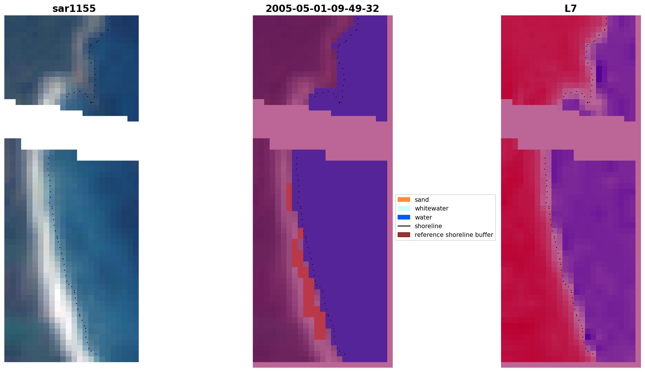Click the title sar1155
pyautogui.click(x=74, y=9)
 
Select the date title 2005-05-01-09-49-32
pyautogui.click(x=322, y=9)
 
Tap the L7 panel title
pyautogui.click(x=571, y=9)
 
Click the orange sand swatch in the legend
pyautogui.click(x=403, y=199)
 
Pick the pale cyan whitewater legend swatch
pyautogui.click(x=403, y=208)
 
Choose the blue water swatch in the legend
pyautogui.click(x=403, y=217)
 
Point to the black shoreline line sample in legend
pyautogui.click(x=403, y=226)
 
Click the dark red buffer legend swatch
pyautogui.click(x=403, y=235)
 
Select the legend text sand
pyautogui.click(x=421, y=200)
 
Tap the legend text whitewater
pyautogui.click(x=431, y=208)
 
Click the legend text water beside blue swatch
pyautogui.click(x=423, y=217)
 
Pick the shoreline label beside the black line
pyautogui.click(x=428, y=226)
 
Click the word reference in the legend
pyautogui.click(x=427, y=235)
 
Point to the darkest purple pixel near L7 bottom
pyautogui.click(x=588, y=337)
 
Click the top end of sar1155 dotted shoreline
pyautogui.click(x=109, y=19)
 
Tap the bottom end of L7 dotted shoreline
pyautogui.click(x=592, y=354)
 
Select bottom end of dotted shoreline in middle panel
pyautogui.click(x=344, y=354)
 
